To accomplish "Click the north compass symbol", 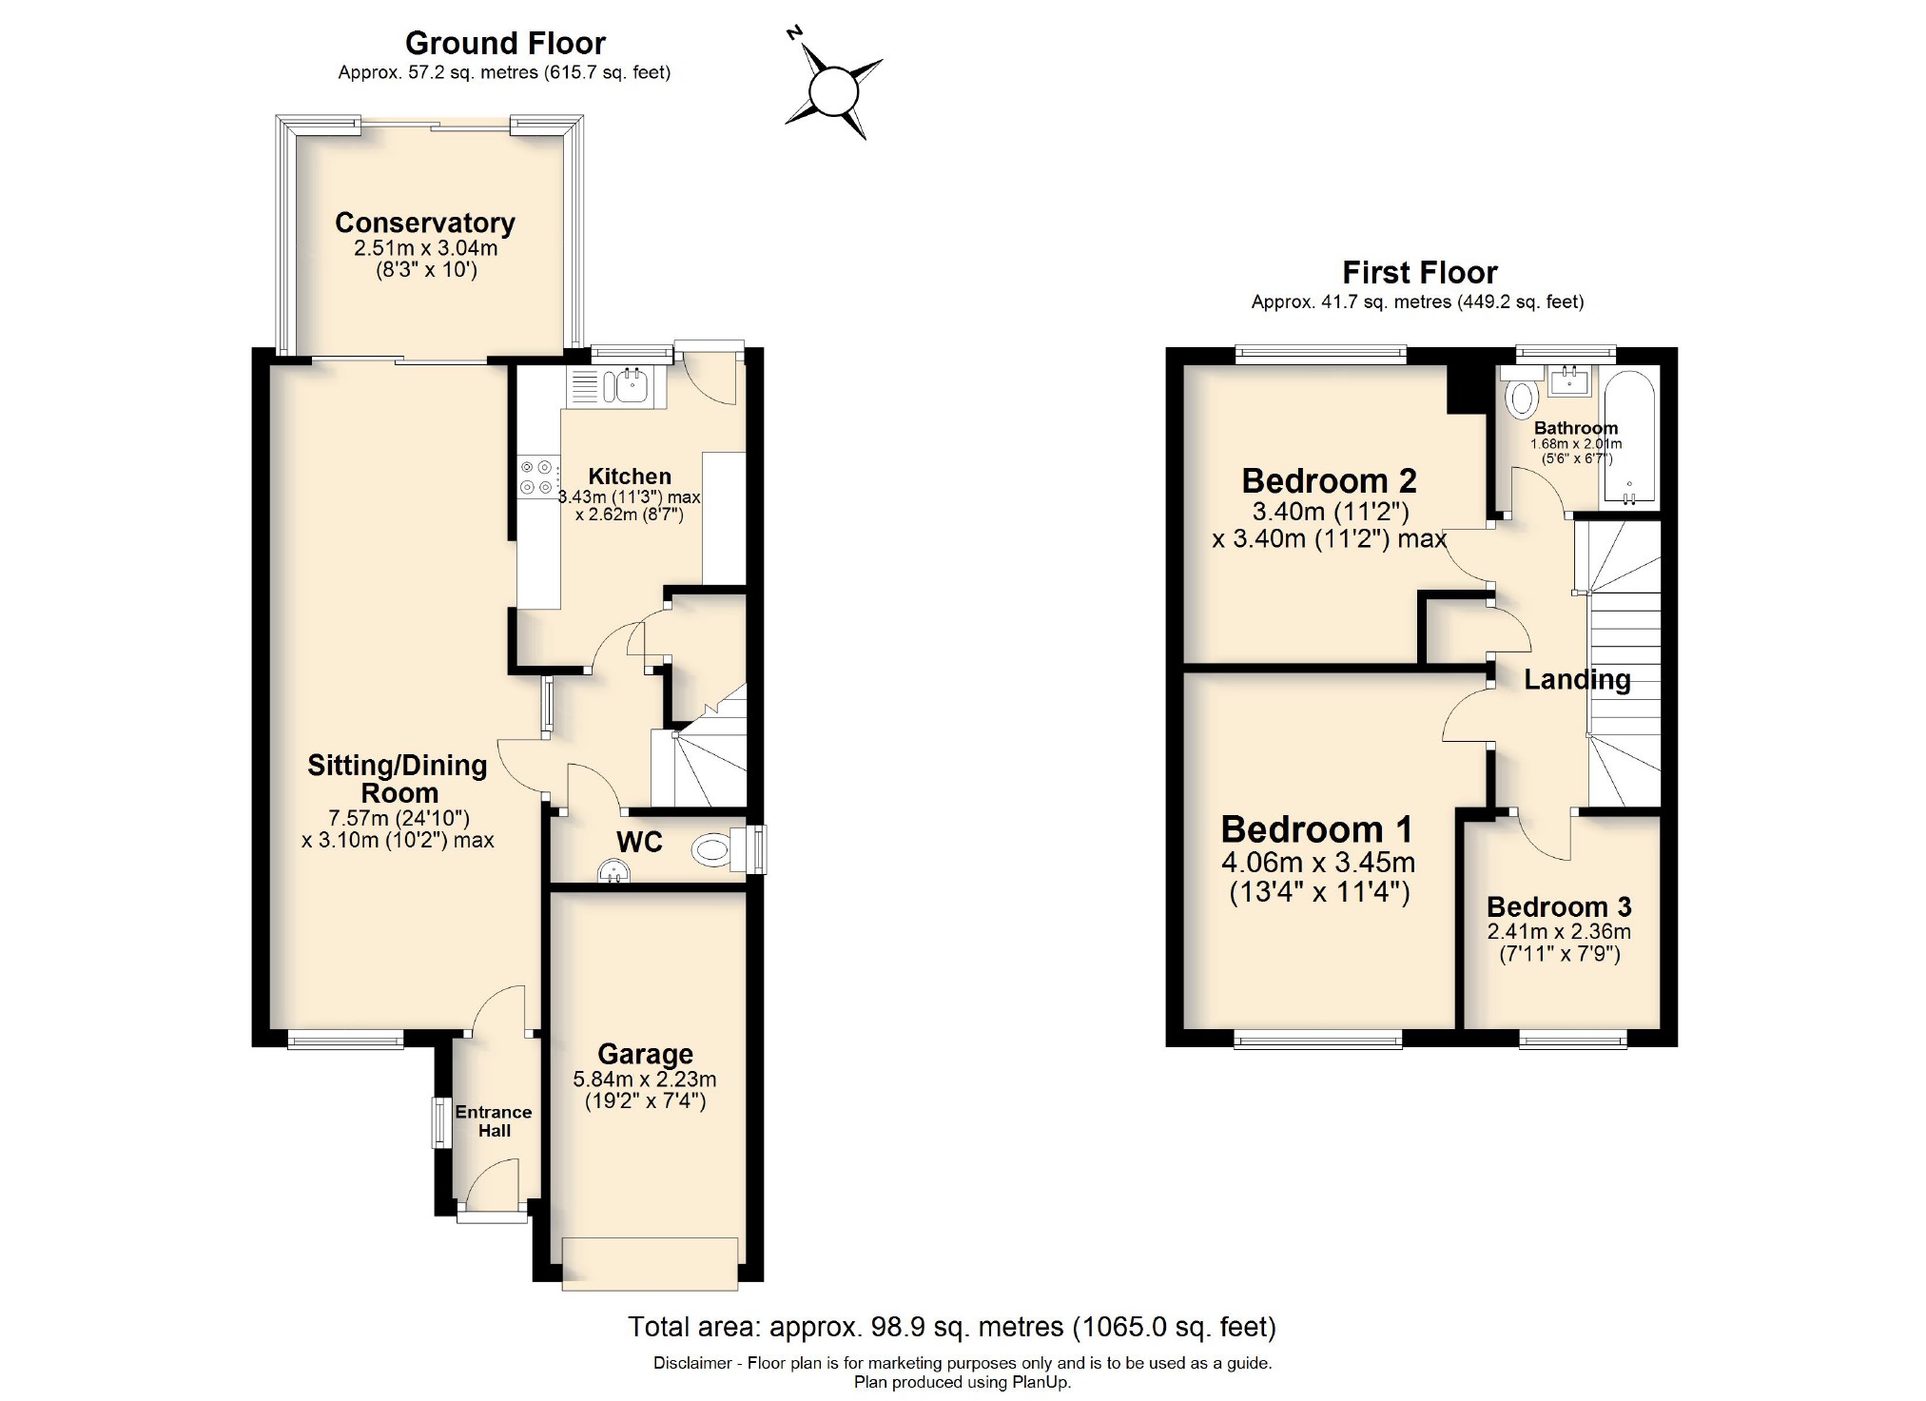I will (x=833, y=92).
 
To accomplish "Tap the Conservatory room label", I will (x=424, y=223).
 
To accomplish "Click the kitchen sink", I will (x=630, y=386).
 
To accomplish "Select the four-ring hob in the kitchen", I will (x=535, y=477).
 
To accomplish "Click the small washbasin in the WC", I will (x=613, y=871).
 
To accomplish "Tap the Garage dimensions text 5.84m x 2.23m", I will (x=644, y=1080).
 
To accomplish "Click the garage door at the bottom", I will (x=650, y=1262).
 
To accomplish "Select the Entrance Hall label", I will (x=494, y=1121).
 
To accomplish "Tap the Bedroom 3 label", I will (x=1559, y=907).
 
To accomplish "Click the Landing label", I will (x=1577, y=680).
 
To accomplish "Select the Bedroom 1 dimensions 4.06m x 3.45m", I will (x=1318, y=863).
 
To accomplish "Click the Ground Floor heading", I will (x=505, y=43).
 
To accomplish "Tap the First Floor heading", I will (x=1419, y=273).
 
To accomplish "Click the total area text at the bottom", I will (x=951, y=1326).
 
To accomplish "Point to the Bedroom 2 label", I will (x=1329, y=481).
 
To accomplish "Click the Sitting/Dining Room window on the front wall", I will (x=345, y=1040).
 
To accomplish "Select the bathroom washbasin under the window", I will (x=1568, y=382).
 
